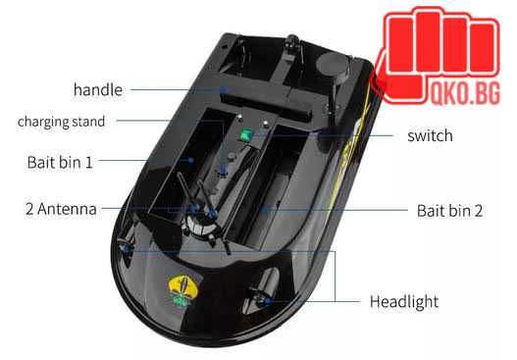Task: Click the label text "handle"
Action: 97,90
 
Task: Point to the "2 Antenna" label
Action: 62,209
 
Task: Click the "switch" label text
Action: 430,135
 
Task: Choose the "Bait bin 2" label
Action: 450,210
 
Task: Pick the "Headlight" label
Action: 404,301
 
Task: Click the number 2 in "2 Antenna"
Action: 29,209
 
